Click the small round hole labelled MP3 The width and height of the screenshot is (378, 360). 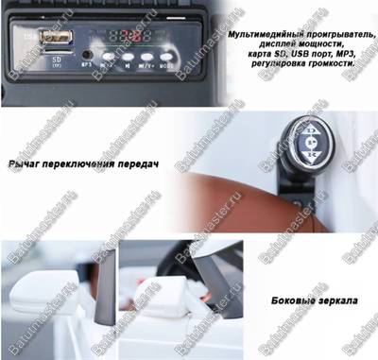[87, 55]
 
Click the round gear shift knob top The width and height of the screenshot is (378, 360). [314, 146]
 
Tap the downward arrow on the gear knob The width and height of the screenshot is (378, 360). [314, 158]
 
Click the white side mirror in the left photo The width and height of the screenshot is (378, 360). [42, 287]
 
